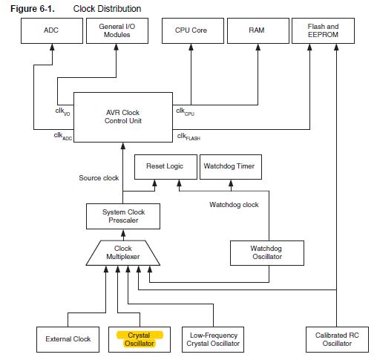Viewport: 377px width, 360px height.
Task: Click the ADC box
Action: coord(52,30)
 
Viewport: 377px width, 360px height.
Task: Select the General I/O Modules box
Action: coord(117,30)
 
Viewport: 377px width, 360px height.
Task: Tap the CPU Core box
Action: coord(193,30)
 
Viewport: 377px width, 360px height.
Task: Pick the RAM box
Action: coord(258,30)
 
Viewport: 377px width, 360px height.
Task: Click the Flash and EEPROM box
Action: coord(323,30)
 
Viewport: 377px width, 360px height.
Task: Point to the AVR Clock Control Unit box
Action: coord(123,117)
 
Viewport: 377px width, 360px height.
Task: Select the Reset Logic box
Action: coord(165,167)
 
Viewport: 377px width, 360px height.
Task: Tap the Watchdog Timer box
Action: coord(231,167)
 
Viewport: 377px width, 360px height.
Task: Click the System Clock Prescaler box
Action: coord(123,216)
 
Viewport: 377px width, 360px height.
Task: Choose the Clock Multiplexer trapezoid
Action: coord(123,253)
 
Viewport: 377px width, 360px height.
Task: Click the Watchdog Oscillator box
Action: coord(267,253)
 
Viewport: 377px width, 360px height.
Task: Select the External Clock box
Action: coord(68,339)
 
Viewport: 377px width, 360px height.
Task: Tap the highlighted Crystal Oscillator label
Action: coord(140,339)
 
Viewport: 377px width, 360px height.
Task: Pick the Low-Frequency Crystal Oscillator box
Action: coord(213,339)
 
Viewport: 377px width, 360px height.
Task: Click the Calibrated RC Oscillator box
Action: coord(337,339)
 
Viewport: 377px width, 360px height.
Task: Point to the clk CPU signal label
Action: coord(185,111)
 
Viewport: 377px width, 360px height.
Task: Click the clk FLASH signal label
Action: coord(188,137)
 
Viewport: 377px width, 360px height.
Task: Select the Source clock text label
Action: coord(99,178)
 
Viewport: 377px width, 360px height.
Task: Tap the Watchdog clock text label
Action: coord(234,205)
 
